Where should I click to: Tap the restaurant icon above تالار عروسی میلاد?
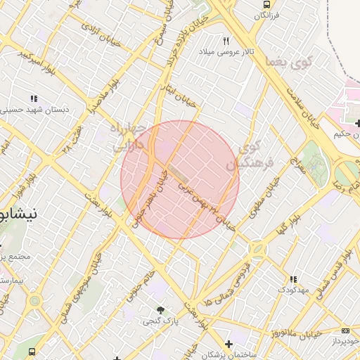226,41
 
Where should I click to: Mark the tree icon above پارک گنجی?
162,309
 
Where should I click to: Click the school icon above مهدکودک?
292,279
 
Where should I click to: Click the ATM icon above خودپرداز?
345,330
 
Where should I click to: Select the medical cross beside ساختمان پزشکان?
228,344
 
